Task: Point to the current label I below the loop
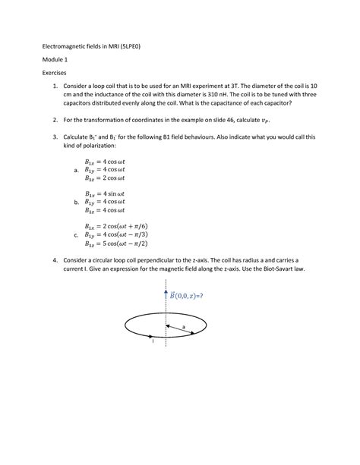coord(153,342)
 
